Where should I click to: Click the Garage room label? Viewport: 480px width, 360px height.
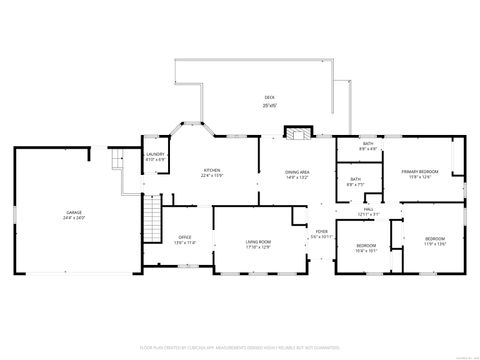pos(75,212)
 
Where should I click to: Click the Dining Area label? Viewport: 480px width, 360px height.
pos(298,171)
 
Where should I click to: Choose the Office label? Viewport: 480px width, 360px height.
pos(185,237)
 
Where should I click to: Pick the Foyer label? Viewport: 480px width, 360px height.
pos(321,231)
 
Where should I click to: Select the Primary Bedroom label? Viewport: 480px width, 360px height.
pos(421,172)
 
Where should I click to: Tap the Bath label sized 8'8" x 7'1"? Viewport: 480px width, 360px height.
pos(355,179)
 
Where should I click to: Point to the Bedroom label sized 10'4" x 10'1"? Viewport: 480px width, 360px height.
pos(367,246)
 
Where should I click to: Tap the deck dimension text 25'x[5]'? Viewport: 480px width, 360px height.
pos(268,105)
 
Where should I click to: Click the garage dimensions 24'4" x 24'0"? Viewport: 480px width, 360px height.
pos(75,218)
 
